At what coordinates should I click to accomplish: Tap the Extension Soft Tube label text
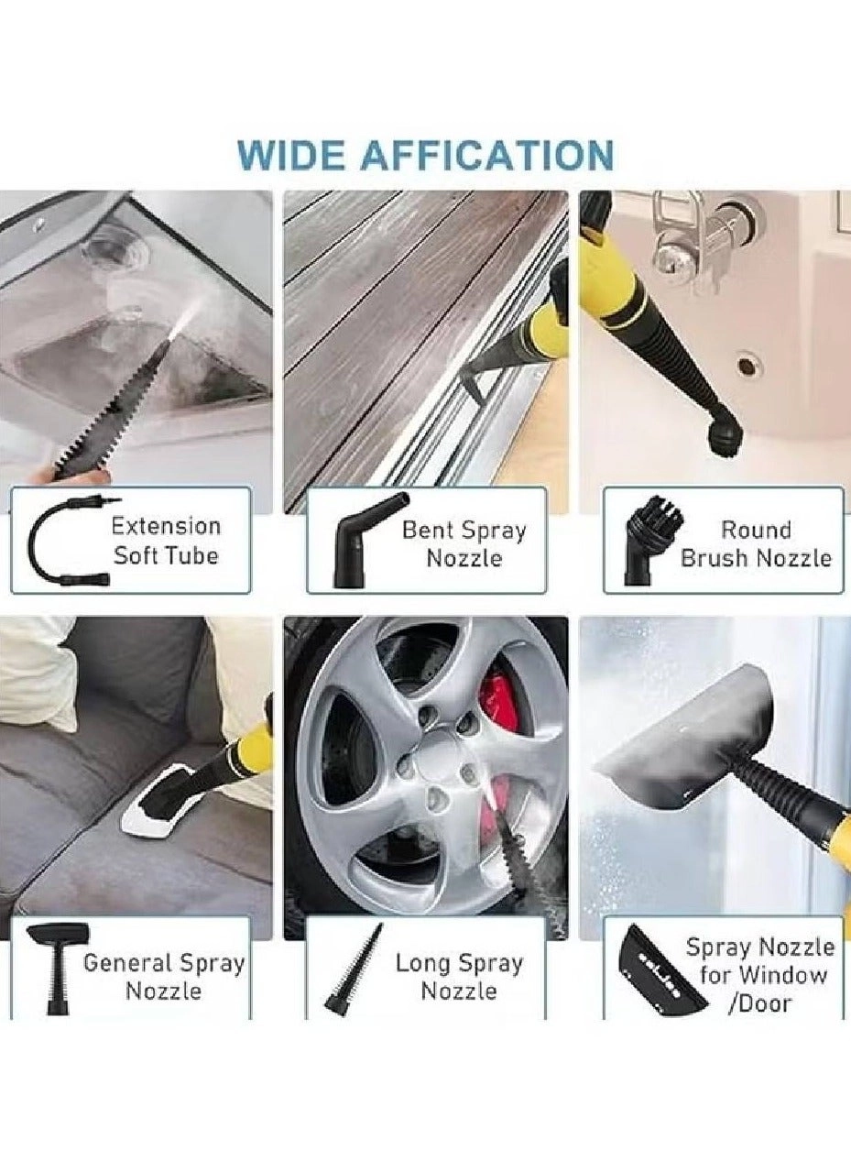[x=166, y=541]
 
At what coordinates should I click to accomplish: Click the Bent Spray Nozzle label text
[x=464, y=544]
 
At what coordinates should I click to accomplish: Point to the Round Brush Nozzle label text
[x=756, y=544]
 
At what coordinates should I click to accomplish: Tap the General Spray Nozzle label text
[x=164, y=977]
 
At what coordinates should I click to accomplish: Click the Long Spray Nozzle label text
[x=459, y=977]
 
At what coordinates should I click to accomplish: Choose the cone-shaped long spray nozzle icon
[x=355, y=970]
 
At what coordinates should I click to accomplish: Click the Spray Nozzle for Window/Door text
[x=759, y=974]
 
